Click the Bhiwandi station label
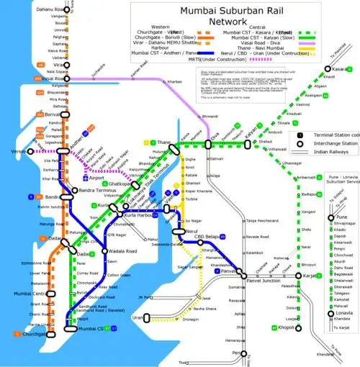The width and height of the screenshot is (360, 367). click(x=210, y=115)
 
